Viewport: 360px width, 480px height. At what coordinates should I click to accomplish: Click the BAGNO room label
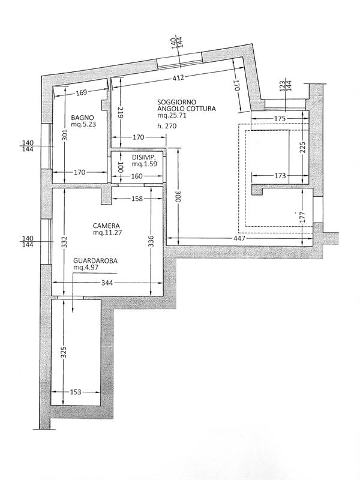coord(80,117)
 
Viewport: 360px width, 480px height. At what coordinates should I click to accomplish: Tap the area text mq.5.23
coord(83,125)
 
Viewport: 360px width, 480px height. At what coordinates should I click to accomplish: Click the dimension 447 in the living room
coord(239,239)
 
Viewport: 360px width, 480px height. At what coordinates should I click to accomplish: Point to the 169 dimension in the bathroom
coord(82,92)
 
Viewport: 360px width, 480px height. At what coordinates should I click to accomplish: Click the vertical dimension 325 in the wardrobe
coord(62,352)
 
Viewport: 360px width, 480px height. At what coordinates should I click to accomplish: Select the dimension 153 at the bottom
coord(76,392)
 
